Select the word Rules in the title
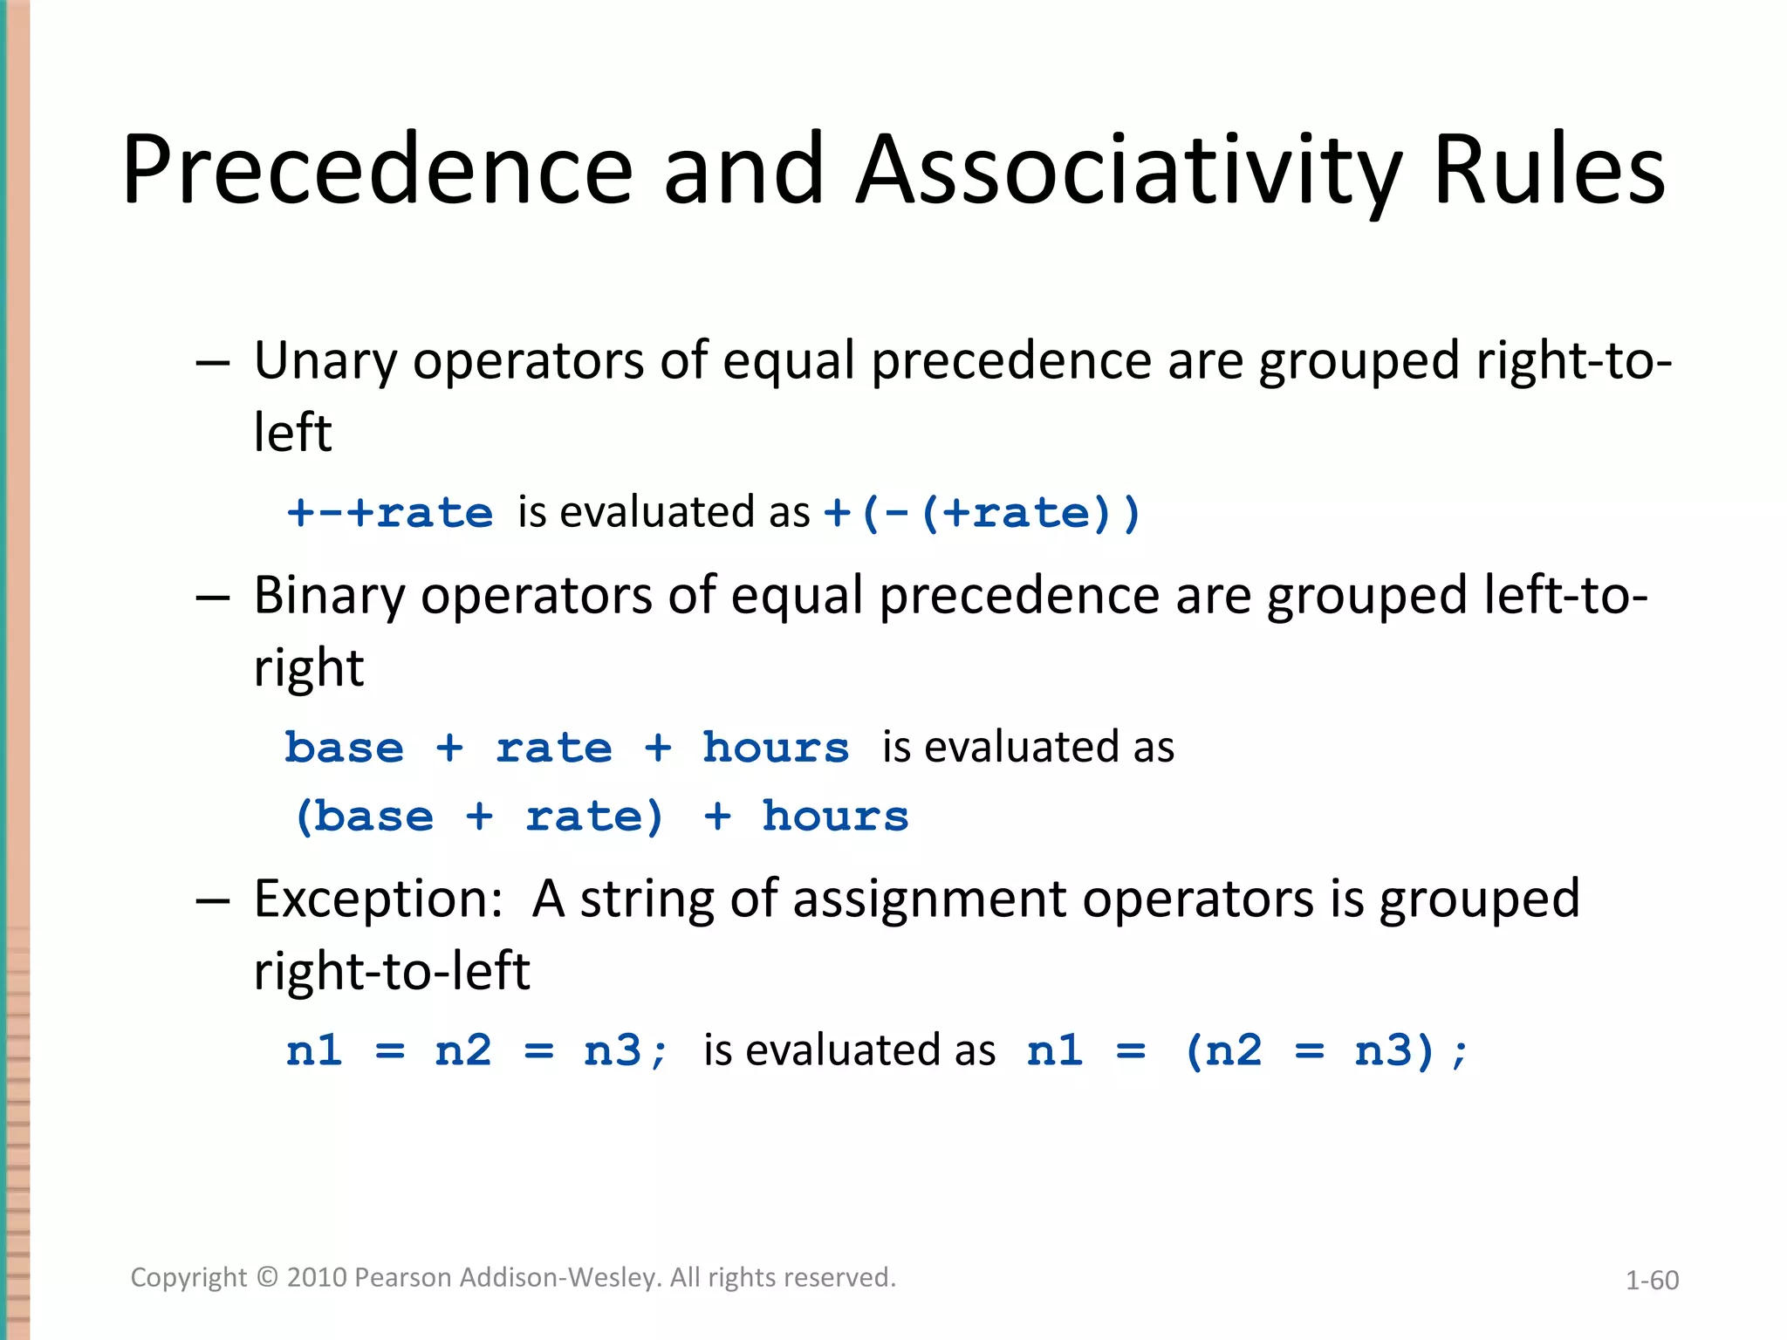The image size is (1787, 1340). [1549, 170]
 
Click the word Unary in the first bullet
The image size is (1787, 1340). [325, 360]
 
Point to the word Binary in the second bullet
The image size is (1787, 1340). [329, 596]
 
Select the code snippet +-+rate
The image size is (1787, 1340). [390, 513]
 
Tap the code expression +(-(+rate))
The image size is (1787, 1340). [982, 513]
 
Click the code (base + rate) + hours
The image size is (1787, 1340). [601, 817]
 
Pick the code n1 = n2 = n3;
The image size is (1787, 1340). [476, 1050]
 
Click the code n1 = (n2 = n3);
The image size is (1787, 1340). [1247, 1050]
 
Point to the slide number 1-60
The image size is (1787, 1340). [1651, 1280]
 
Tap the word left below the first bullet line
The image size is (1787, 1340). [292, 432]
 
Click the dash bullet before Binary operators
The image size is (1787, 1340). [213, 598]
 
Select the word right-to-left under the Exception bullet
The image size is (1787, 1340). [391, 971]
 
